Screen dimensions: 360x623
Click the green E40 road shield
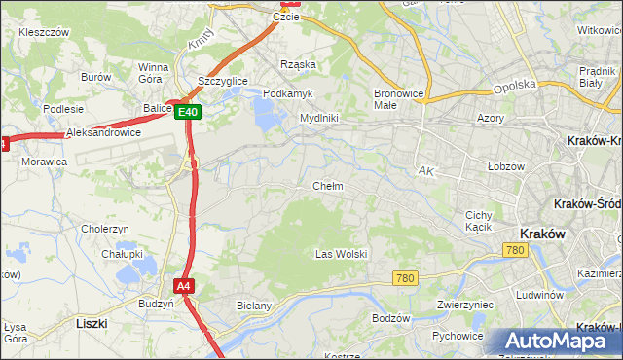point(189,113)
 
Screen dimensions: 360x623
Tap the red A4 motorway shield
point(184,286)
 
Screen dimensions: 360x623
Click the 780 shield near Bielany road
point(406,278)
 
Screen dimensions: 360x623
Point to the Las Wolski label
point(341,254)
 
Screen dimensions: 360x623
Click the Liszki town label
point(91,321)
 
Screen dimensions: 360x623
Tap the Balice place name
point(156,108)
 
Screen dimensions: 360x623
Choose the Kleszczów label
point(43,32)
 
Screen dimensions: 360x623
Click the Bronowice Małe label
point(396,98)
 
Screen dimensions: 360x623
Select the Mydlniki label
point(318,118)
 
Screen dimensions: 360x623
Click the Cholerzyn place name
point(105,229)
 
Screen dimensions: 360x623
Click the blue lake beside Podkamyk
point(265,116)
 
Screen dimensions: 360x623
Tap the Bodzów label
point(391,318)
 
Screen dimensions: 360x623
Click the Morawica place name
point(45,161)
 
